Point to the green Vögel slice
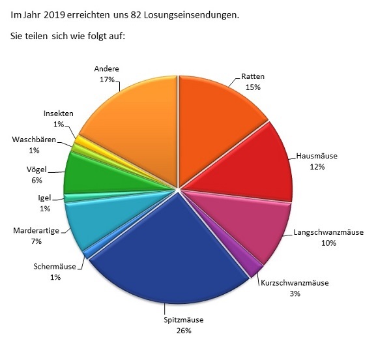click(x=88, y=173)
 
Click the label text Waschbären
click(x=34, y=140)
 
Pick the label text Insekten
click(x=59, y=113)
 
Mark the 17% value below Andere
click(x=107, y=80)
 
